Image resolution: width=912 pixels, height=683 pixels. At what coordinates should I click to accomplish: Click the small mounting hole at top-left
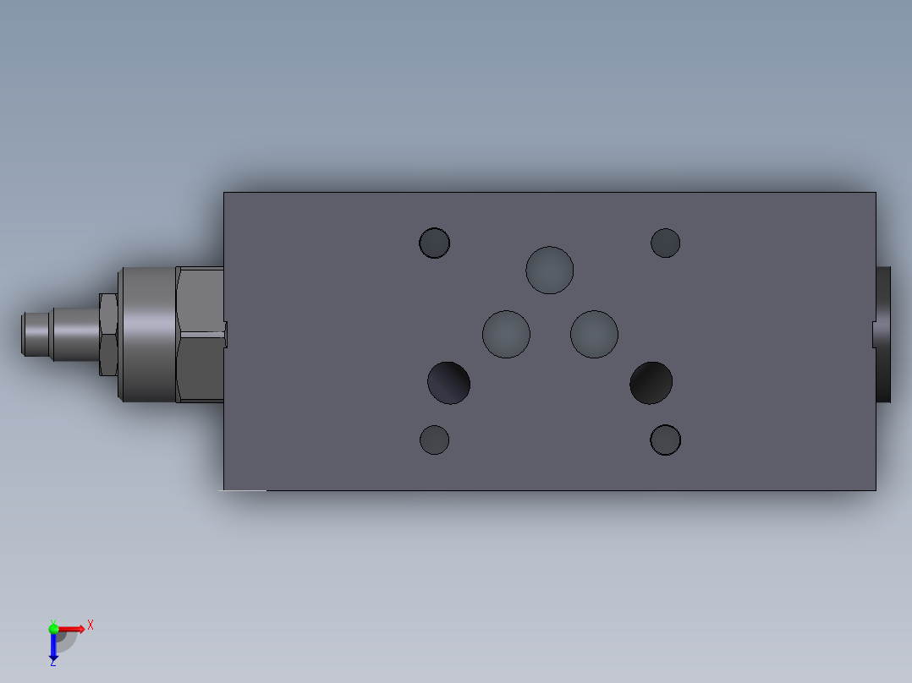434,243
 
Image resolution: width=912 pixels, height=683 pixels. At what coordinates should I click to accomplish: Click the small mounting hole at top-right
665,243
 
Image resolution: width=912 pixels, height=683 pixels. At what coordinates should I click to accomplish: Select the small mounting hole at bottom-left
434,440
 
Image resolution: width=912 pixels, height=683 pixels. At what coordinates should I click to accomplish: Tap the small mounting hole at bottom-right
665,440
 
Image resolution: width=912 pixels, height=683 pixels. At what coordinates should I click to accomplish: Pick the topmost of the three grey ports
549,270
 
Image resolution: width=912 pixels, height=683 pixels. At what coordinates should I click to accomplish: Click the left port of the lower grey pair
506,333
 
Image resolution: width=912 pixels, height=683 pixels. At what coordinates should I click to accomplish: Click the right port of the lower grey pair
594,333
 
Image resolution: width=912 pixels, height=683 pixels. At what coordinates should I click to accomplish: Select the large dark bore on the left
448,382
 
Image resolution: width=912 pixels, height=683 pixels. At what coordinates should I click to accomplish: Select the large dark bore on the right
651,382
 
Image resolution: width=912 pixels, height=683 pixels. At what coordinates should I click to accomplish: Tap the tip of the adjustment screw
33,334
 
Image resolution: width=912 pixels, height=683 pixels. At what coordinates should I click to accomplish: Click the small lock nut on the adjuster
107,334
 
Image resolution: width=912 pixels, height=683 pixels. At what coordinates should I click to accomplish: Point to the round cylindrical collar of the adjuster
147,334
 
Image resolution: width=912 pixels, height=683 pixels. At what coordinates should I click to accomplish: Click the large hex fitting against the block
200,334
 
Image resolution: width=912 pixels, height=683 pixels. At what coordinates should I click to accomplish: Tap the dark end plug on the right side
884,334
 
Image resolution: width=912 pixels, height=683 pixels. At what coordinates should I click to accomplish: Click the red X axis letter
91,626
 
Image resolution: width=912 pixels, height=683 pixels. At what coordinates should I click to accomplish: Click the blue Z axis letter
52,663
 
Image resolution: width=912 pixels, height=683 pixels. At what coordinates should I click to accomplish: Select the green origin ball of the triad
53,628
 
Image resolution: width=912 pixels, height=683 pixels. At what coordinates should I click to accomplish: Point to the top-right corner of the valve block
875,194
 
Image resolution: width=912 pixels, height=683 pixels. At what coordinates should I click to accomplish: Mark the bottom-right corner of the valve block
875,489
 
